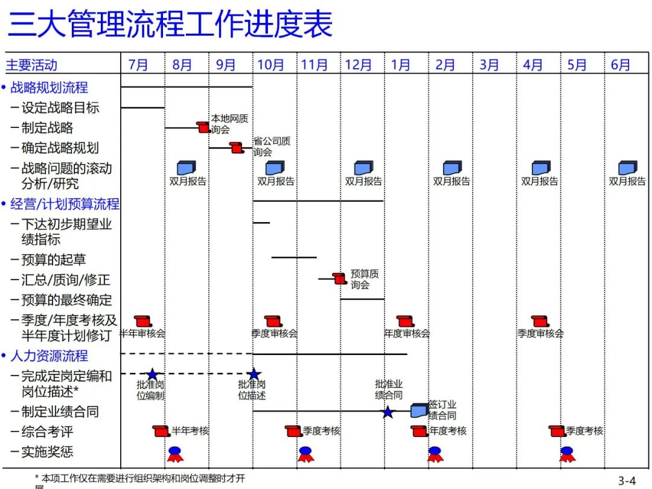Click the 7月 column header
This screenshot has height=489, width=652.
(x=138, y=65)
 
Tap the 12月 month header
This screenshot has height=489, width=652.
(x=358, y=65)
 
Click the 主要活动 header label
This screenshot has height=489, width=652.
(x=31, y=65)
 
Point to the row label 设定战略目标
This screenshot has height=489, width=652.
(x=60, y=108)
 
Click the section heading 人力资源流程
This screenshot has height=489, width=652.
(x=49, y=356)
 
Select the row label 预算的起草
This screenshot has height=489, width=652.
(x=54, y=260)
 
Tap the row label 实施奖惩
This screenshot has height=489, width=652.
(x=47, y=452)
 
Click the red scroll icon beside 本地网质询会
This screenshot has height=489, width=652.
(x=203, y=127)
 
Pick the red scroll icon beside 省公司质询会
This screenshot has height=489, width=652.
(x=237, y=147)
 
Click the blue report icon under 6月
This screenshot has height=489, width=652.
(x=627, y=168)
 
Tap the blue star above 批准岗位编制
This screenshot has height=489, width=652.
(x=152, y=375)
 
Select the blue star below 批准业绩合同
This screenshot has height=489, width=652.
(x=388, y=412)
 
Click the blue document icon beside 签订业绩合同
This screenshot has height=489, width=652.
(x=419, y=411)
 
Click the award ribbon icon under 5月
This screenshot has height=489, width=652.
(x=566, y=454)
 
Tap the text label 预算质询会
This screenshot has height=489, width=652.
(x=365, y=279)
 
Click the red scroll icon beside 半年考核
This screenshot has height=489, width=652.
(x=161, y=431)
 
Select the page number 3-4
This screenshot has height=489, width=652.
(x=627, y=481)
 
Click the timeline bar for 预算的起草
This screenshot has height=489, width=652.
(x=294, y=257)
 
